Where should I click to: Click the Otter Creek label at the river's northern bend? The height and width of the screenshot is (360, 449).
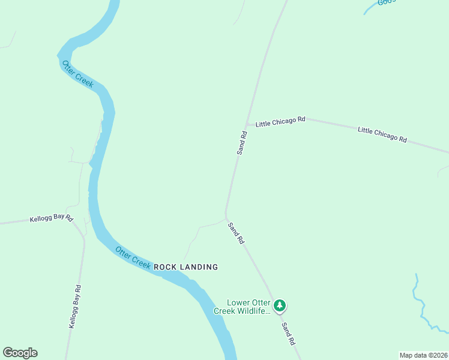(77, 74)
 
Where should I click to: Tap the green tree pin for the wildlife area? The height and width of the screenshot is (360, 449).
(280, 306)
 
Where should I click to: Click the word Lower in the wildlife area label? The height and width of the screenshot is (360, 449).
(238, 302)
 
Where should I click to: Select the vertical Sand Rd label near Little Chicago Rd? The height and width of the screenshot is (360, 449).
(242, 143)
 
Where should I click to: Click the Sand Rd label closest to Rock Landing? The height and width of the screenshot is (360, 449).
(236, 232)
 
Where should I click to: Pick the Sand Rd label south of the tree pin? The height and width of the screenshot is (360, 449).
(289, 333)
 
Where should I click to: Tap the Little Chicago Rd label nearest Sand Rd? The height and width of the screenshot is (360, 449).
(280, 122)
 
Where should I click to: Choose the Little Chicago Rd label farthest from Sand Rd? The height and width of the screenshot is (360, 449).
(382, 134)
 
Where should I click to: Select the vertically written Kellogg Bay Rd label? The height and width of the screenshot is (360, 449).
(75, 306)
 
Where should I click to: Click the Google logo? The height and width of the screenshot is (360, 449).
(20, 353)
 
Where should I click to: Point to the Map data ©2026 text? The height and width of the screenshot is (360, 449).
(423, 355)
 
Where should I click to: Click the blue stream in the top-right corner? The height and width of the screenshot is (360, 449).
(375, 5)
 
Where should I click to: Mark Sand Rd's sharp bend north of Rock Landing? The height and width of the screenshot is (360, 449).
(226, 215)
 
